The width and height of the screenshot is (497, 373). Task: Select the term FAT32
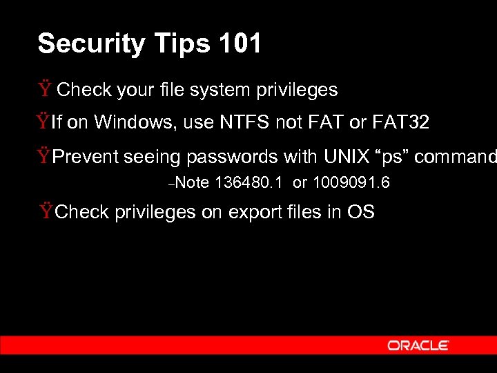click(400, 123)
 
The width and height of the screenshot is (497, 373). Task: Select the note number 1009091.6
click(350, 183)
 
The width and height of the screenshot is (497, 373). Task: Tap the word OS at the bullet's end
click(361, 211)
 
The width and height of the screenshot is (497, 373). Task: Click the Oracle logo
click(418, 345)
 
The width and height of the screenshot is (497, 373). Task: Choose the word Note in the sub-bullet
click(196, 183)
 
